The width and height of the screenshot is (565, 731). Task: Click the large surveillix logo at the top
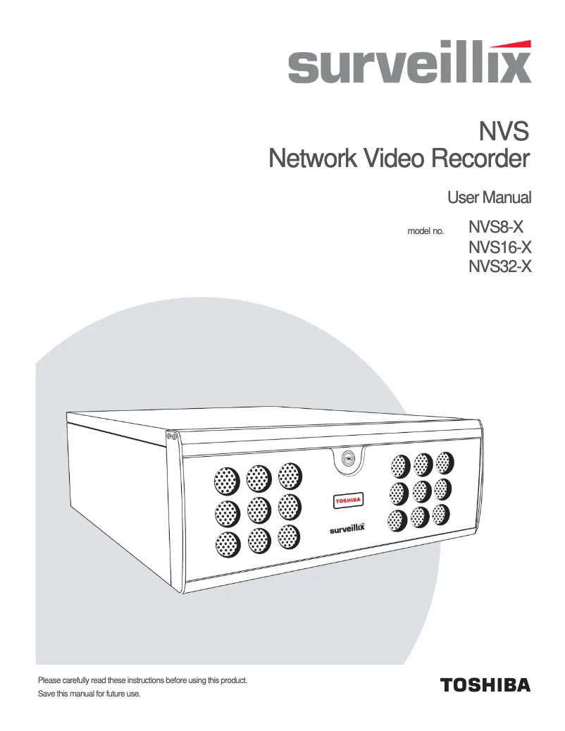click(409, 66)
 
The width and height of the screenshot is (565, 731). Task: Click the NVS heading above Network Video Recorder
click(504, 131)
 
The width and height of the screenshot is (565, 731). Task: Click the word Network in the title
click(313, 159)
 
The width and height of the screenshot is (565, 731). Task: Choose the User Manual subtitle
click(489, 197)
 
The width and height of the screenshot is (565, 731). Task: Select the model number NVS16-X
click(499, 247)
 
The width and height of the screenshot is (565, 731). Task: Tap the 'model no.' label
click(426, 231)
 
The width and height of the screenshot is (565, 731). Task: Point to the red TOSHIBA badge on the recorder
click(347, 500)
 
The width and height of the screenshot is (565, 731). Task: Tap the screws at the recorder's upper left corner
click(170, 437)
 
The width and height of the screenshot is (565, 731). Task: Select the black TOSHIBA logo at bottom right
click(485, 684)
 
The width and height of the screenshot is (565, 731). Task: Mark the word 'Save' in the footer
click(46, 694)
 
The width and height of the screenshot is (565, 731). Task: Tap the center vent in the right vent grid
click(421, 490)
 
